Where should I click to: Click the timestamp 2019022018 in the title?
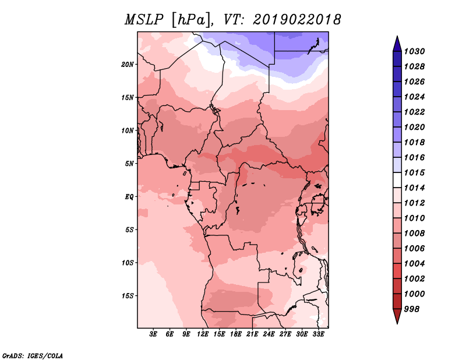(297, 20)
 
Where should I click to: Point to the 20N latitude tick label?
(128, 64)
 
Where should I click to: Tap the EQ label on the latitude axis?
(129, 197)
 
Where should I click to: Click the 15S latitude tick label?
(128, 296)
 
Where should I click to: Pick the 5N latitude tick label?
(130, 164)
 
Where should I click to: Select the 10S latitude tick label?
(128, 263)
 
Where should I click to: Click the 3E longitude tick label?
(154, 334)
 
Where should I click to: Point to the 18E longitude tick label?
(236, 334)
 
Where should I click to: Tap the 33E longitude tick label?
(319, 334)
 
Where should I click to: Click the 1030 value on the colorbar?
(415, 51)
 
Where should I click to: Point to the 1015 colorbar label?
(415, 173)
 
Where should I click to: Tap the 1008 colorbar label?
(415, 233)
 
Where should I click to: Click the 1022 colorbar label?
(415, 112)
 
